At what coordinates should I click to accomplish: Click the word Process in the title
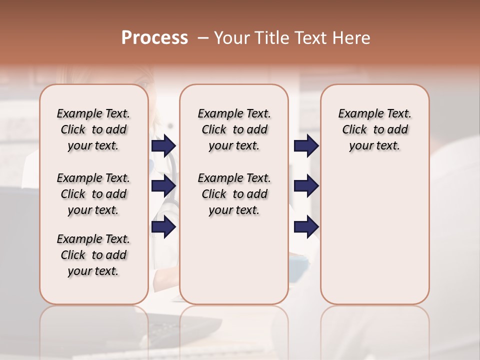(x=154, y=38)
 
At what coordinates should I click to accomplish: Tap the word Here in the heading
(x=352, y=38)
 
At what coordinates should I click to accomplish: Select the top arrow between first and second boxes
(x=163, y=146)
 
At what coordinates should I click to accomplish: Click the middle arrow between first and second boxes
(x=163, y=186)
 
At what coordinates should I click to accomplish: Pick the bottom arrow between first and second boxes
(x=163, y=227)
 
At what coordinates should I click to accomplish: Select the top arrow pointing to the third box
(x=306, y=146)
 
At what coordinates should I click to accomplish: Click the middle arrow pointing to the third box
(x=306, y=186)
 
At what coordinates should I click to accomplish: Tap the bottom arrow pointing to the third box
(x=306, y=227)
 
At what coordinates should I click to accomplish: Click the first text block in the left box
(x=93, y=129)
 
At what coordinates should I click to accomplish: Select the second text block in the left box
(x=93, y=194)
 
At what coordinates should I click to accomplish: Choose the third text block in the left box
(x=93, y=255)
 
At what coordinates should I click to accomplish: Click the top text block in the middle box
(x=234, y=129)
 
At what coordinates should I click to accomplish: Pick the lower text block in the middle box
(x=234, y=194)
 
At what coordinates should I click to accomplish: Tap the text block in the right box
(x=374, y=129)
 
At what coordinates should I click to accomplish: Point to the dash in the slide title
(x=202, y=38)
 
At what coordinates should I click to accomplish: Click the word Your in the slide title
(x=231, y=38)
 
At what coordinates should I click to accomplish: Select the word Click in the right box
(x=354, y=130)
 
